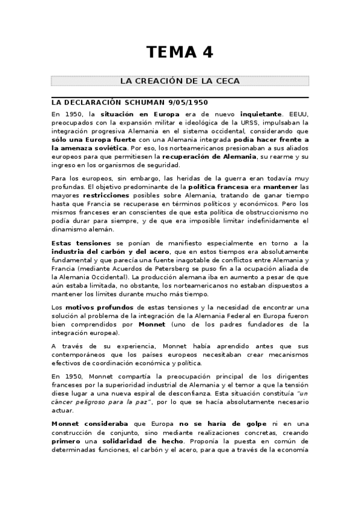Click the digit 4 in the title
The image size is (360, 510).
tap(207, 52)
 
